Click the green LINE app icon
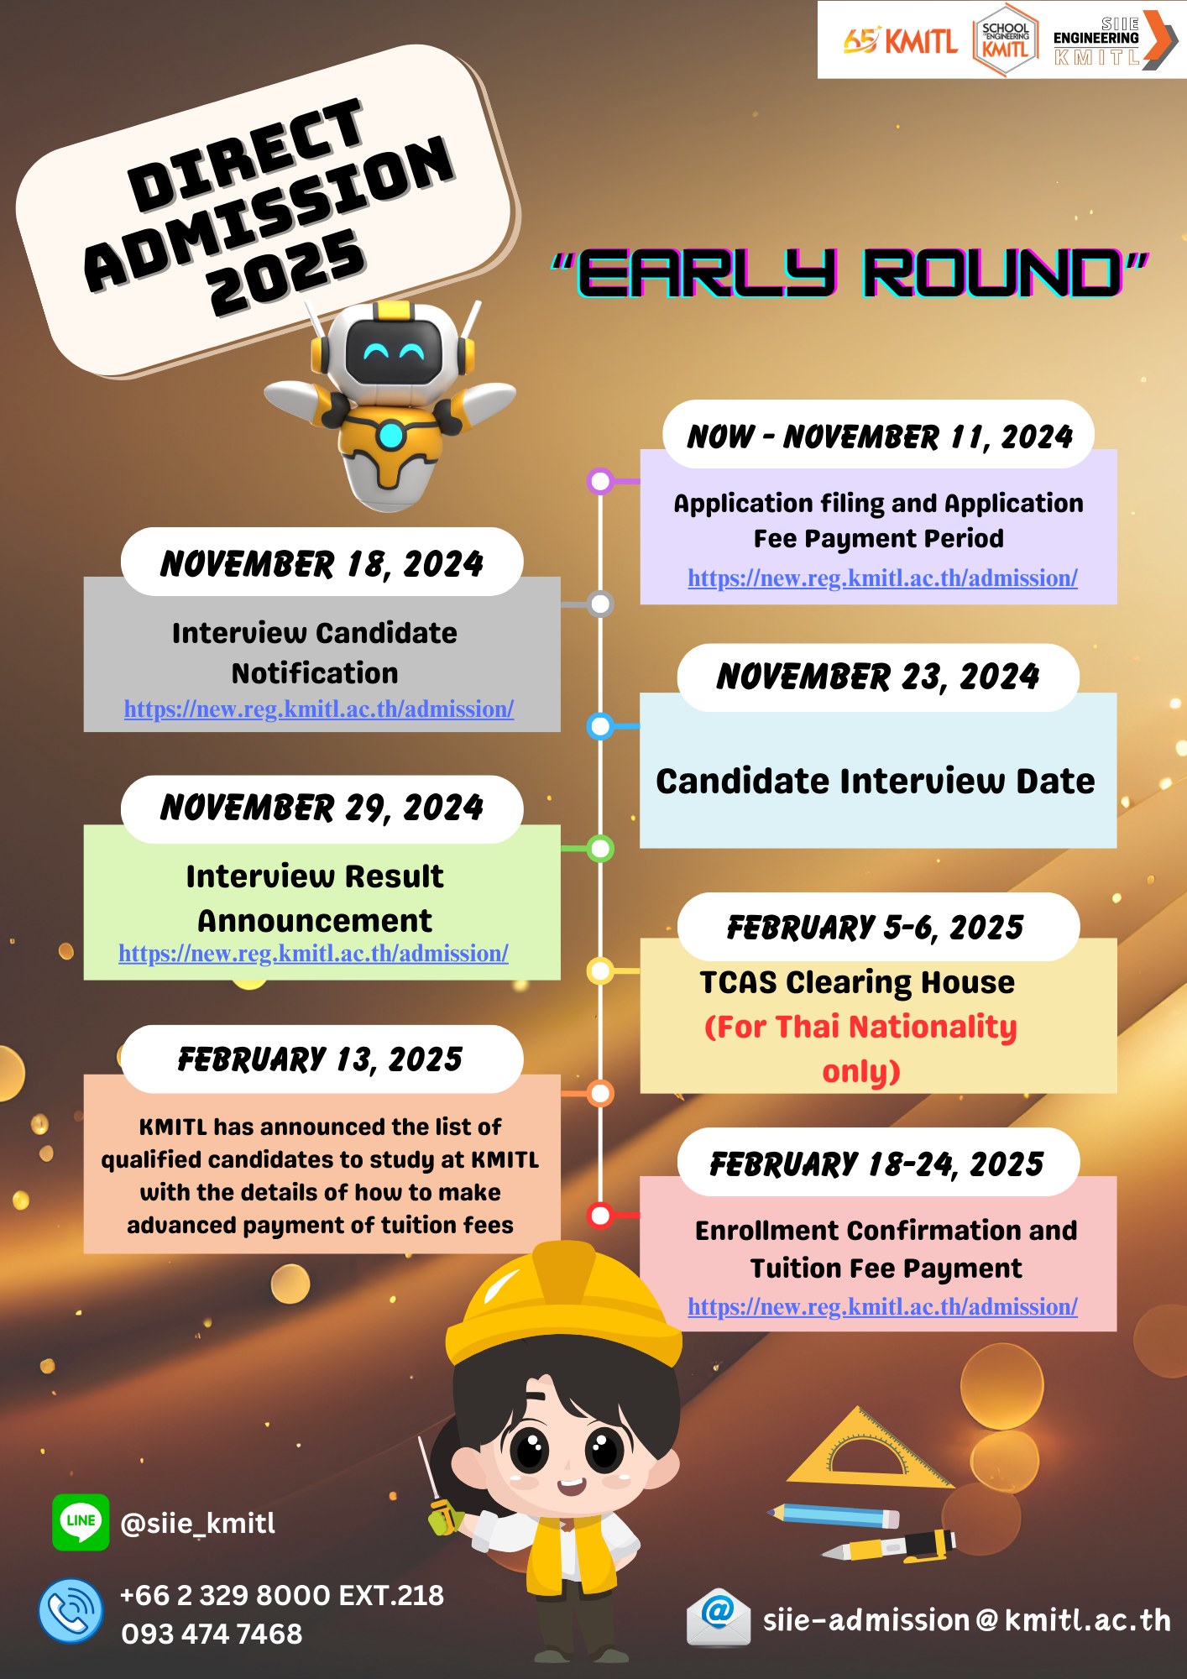point(81,1521)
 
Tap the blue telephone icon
point(71,1610)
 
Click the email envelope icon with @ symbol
point(718,1616)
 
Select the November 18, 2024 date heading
point(322,563)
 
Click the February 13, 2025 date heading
point(320,1059)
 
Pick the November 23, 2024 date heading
point(878,677)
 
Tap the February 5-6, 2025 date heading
point(876,928)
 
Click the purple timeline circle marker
point(600,481)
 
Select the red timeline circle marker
point(600,1215)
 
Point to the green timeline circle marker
point(600,849)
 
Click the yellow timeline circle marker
point(600,971)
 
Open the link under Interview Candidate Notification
point(319,709)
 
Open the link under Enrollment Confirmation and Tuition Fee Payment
point(882,1306)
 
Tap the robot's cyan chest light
point(391,436)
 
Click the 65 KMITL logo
point(900,39)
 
